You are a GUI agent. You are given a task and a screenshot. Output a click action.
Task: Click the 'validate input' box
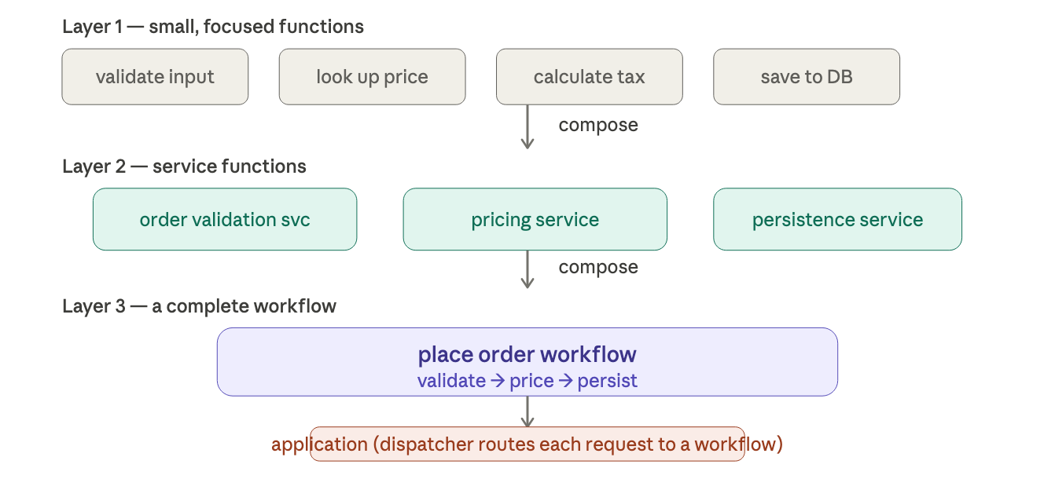coord(155,77)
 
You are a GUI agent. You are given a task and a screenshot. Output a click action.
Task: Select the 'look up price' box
coord(372,77)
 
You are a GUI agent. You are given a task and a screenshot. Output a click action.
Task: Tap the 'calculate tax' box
coord(589,77)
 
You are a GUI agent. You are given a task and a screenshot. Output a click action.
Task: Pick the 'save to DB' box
coord(807,77)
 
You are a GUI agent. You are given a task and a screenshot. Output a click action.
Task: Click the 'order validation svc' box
coord(225,219)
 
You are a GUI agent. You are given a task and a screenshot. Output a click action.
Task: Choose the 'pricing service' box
coord(535,219)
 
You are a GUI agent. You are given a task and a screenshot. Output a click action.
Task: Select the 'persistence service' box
coord(837,219)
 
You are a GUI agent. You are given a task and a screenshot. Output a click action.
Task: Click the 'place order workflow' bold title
coord(527,354)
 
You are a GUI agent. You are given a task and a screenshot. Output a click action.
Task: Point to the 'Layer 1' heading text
coord(92,27)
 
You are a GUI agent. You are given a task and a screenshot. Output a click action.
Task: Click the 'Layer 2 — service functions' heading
coord(184,166)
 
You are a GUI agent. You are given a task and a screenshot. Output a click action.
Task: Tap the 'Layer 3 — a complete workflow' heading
coord(199,306)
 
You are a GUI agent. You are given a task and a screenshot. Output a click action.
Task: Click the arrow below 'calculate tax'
coord(527,126)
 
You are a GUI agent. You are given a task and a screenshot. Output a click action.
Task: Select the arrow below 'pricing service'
coord(527,269)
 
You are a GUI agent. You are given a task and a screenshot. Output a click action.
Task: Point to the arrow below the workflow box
coord(527,411)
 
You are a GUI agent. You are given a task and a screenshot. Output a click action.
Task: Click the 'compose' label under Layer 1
coord(598,126)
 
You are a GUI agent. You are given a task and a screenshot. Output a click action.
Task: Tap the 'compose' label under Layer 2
coord(598,268)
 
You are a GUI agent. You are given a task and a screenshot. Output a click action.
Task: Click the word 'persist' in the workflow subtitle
coord(607,381)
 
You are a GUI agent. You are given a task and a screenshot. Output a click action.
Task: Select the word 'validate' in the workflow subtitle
coord(452,381)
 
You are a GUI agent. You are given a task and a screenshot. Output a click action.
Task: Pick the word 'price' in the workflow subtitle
coord(531,381)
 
